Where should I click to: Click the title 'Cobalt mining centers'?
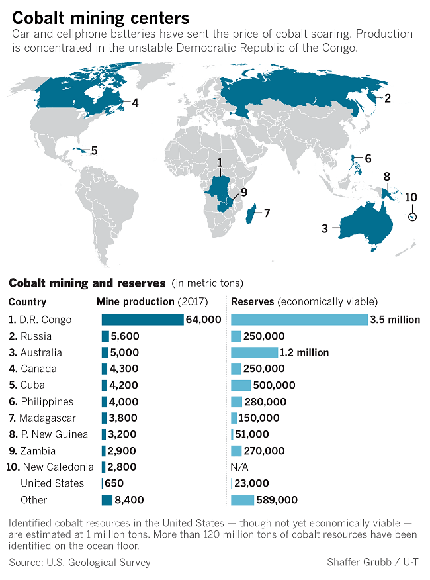(101, 17)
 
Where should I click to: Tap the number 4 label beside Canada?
(134, 103)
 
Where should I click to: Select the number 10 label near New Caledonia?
(411, 197)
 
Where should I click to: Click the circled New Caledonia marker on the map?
(413, 217)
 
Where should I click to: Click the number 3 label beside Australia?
(325, 228)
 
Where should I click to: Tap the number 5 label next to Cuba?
(94, 150)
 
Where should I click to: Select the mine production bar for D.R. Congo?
(142, 320)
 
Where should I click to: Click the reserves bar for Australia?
(255, 352)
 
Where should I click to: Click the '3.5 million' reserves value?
(395, 320)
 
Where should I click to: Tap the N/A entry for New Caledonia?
(240, 467)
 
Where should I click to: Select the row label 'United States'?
(52, 483)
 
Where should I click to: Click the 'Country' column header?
(27, 302)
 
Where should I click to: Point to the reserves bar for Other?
(243, 500)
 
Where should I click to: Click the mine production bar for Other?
(107, 500)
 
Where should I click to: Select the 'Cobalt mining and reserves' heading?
(87, 283)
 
